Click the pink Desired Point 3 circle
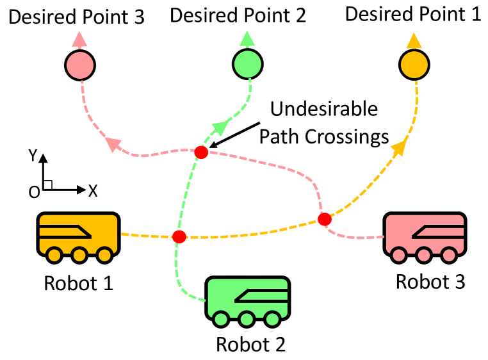pyautogui.click(x=80, y=65)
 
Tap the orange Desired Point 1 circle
pyautogui.click(x=414, y=64)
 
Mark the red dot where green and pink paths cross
pyautogui.click(x=201, y=152)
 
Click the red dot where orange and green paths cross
pyautogui.click(x=179, y=237)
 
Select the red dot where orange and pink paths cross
pyautogui.click(x=325, y=219)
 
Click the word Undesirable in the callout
pyautogui.click(x=323, y=109)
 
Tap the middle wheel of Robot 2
pyautogui.click(x=247, y=318)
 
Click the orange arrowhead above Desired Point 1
pyautogui.click(x=414, y=41)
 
